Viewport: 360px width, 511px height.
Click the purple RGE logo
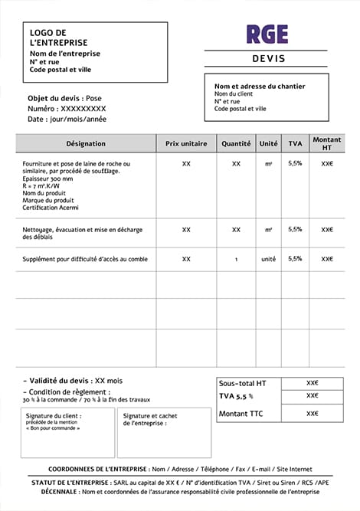[267, 34]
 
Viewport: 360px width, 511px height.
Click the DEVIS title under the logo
[267, 59]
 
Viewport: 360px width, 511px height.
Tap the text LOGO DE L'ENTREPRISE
[58, 38]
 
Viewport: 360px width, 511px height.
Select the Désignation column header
[86, 143]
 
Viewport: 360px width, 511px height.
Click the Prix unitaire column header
[186, 143]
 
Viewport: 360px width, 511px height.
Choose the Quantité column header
[236, 143]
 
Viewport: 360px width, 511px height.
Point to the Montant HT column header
[327, 143]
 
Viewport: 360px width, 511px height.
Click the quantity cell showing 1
[236, 260]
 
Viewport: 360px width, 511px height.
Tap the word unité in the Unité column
[268, 260]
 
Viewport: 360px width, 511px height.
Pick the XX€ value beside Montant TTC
[312, 414]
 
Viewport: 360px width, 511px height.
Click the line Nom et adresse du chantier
[260, 87]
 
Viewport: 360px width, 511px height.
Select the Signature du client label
[54, 416]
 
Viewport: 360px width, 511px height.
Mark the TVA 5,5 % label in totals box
[235, 396]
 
